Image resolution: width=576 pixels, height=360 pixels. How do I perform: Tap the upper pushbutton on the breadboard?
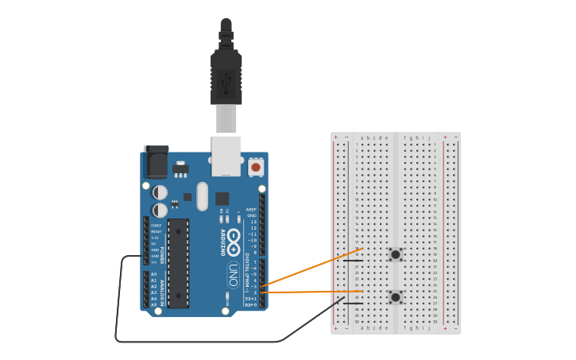click(395, 254)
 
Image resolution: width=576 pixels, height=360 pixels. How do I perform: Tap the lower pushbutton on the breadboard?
click(395, 297)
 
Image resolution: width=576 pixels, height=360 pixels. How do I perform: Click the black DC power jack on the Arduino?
click(156, 162)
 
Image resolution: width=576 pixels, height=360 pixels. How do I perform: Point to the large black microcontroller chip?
click(179, 263)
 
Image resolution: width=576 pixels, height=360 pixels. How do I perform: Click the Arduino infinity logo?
click(234, 236)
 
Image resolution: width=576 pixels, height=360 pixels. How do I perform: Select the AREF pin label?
click(252, 210)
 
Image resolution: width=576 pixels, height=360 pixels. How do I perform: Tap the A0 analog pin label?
click(154, 274)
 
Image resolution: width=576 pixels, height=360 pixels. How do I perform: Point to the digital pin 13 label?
click(253, 222)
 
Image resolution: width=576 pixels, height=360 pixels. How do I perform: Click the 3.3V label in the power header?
click(155, 238)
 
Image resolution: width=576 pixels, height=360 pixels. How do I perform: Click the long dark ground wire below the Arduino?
click(199, 342)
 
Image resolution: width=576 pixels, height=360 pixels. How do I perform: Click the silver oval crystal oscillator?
click(202, 195)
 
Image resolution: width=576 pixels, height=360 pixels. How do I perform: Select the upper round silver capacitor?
click(160, 192)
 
